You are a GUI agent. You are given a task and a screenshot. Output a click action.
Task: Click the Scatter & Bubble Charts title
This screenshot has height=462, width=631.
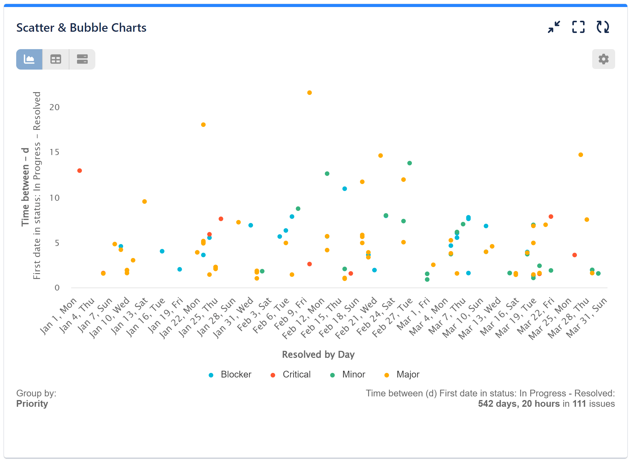(81, 28)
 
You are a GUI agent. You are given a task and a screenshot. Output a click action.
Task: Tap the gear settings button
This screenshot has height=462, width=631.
(603, 59)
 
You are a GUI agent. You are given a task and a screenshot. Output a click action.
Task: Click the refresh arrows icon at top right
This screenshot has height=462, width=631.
(603, 27)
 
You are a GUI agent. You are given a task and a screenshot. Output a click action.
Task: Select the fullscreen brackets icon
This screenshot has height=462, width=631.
(578, 27)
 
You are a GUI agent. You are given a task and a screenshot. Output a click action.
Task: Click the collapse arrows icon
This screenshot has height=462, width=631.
(554, 27)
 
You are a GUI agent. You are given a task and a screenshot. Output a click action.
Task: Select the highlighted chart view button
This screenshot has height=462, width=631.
(29, 59)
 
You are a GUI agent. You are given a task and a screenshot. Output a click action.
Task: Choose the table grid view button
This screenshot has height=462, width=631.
(56, 59)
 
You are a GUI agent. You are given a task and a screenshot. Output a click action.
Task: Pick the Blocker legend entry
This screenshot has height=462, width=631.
(230, 374)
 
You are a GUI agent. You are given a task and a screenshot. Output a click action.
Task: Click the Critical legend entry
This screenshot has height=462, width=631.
(291, 374)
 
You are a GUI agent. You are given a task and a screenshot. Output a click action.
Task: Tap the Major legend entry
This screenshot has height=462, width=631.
(402, 374)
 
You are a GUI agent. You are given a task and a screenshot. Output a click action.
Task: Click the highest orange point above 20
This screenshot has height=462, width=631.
(309, 93)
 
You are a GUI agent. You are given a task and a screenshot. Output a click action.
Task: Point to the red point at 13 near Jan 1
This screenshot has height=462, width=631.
(79, 171)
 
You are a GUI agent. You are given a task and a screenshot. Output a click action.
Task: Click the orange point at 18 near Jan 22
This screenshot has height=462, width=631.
(203, 125)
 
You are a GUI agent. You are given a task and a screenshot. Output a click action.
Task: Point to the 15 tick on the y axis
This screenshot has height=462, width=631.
(54, 152)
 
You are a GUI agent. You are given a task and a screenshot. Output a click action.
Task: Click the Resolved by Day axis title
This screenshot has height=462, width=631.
(318, 355)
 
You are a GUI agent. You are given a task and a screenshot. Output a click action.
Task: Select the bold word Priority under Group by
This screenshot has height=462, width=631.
(32, 404)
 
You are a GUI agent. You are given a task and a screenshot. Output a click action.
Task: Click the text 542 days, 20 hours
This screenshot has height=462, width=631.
(519, 404)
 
